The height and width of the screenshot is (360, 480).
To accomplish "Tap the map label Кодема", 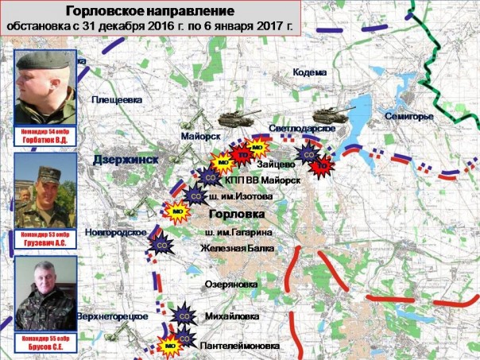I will [x=309, y=73].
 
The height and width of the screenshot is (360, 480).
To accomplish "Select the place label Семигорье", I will [x=410, y=118].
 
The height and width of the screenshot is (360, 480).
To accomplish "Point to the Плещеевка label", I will [x=118, y=99].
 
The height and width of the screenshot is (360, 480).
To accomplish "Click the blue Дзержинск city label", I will [x=126, y=160].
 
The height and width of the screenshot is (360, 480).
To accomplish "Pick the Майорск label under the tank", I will [x=199, y=135].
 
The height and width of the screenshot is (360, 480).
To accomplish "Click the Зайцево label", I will [x=277, y=164].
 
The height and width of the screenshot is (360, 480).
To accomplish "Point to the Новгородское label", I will [x=118, y=231].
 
